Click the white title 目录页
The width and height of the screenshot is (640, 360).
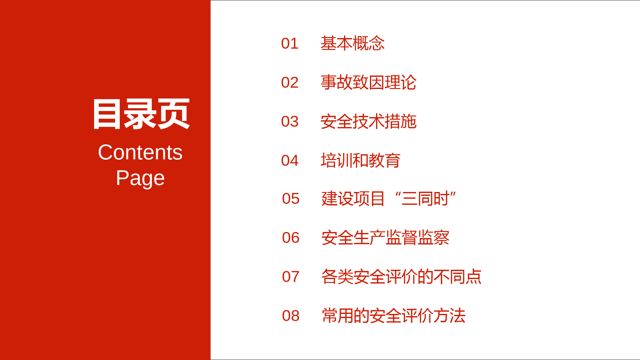(x=141, y=114)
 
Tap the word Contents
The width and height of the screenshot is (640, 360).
(x=140, y=152)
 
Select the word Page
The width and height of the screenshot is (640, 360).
(x=140, y=178)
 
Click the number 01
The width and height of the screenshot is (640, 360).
(x=290, y=44)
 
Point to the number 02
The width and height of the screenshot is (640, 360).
(x=290, y=83)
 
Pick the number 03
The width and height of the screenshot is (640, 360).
(x=290, y=122)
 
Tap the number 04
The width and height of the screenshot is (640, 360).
(x=290, y=161)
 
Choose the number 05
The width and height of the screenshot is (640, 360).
(x=291, y=199)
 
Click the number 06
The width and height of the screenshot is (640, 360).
(x=291, y=238)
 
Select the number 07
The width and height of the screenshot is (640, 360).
(x=291, y=277)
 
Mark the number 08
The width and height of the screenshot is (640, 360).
(x=291, y=316)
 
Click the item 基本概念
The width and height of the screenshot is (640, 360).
(x=353, y=43)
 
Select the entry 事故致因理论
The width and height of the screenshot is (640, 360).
(x=369, y=82)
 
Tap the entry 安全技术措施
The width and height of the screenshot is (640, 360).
(x=369, y=121)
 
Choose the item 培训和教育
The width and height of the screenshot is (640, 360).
(x=361, y=160)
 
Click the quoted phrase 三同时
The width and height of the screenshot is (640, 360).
(x=425, y=198)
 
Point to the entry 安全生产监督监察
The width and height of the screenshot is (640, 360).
(x=386, y=237)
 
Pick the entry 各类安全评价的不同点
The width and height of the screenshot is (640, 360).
(x=402, y=276)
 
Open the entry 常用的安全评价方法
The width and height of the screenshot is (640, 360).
(x=394, y=316)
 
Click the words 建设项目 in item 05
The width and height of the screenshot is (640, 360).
(x=353, y=198)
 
